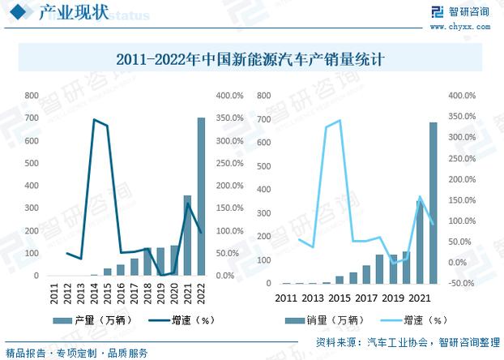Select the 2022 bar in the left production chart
coord(201,197)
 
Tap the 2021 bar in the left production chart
coord(187,236)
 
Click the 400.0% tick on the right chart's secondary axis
coord(461,96)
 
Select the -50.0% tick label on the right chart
coord(461,284)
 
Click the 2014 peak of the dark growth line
coord(94,120)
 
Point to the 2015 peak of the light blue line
coord(340,120)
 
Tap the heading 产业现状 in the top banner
coord(69,13)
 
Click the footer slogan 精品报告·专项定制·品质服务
coord(77,353)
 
